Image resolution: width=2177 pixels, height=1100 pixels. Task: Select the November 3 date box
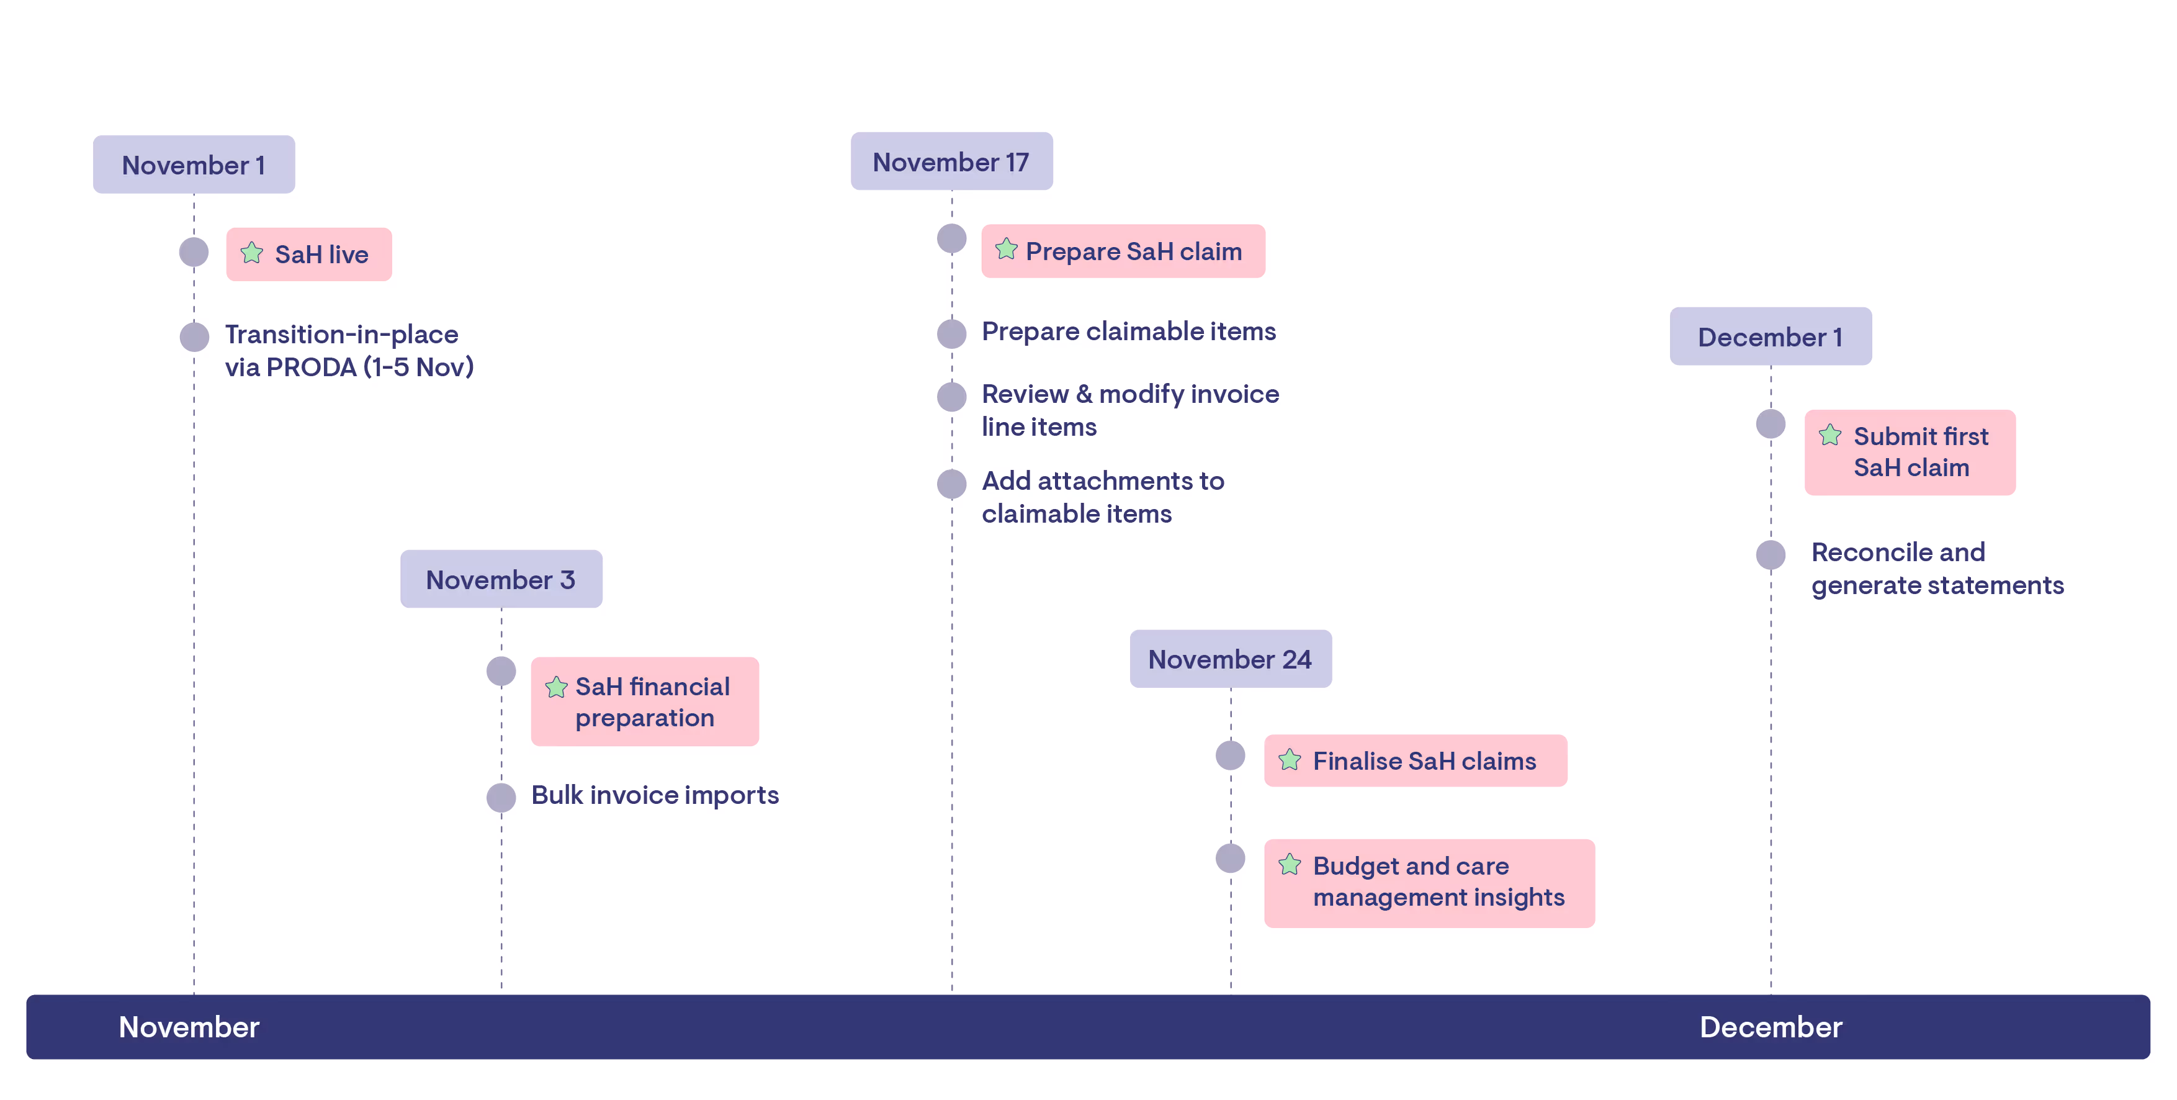click(x=501, y=579)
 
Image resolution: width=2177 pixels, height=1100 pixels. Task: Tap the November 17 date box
click(x=951, y=161)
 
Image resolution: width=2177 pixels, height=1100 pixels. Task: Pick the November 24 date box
click(x=1231, y=659)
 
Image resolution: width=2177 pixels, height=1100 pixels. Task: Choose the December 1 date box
click(x=1771, y=336)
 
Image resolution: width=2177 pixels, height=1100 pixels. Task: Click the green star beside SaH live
click(x=252, y=253)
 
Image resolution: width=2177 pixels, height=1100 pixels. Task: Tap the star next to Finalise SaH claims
click(x=1290, y=760)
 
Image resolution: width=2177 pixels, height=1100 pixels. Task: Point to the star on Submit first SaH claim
click(x=1831, y=435)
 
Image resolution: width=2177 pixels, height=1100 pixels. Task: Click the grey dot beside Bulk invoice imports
click(x=501, y=796)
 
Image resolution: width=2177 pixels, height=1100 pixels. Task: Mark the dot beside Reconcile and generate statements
click(x=1771, y=554)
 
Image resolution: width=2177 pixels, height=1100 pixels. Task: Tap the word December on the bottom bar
click(x=1771, y=1027)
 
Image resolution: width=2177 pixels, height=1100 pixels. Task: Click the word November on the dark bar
click(x=189, y=1027)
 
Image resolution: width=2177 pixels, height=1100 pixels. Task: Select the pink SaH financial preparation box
click(x=645, y=701)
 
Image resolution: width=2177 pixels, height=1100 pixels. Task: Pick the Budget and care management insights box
click(x=1429, y=883)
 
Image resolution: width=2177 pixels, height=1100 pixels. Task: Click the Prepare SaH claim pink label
click(x=1123, y=251)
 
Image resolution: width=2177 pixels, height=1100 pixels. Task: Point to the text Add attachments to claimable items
click(x=1102, y=497)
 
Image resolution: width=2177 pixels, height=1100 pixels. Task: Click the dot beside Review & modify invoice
click(x=951, y=395)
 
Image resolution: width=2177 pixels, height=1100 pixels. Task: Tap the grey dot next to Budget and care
click(x=1231, y=858)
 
